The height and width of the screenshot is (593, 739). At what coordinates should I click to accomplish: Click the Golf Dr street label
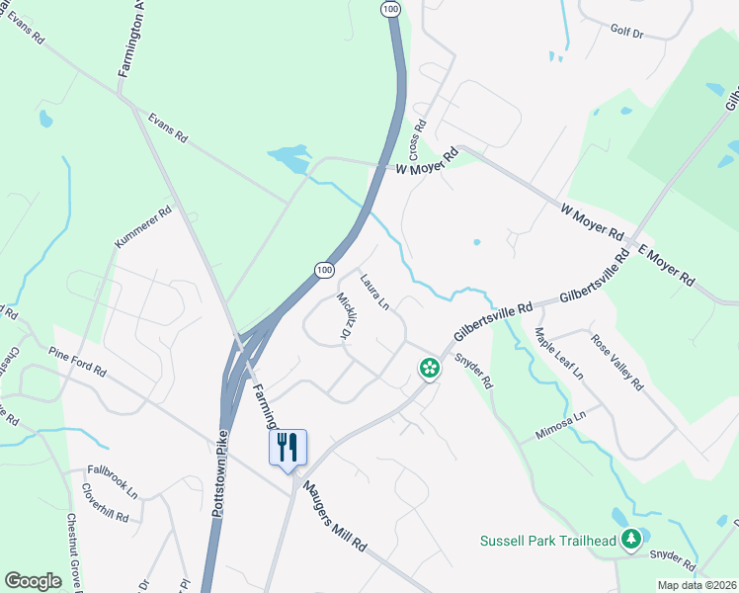626,33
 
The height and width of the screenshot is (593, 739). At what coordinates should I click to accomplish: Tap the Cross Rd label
419,140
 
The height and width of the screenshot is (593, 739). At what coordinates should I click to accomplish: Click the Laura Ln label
374,293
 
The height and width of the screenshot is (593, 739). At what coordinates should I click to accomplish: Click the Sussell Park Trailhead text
547,541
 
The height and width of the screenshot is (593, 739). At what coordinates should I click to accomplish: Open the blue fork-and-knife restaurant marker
288,448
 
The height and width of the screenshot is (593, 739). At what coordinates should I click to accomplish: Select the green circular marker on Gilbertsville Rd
430,369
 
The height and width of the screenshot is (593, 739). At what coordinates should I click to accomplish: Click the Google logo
33,580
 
